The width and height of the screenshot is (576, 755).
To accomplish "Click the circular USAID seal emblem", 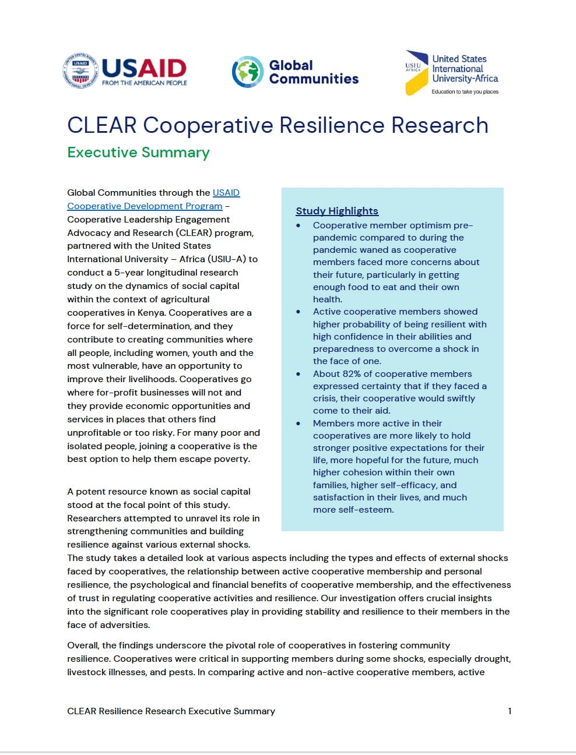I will pos(80,70).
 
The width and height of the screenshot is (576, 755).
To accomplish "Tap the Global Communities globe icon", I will pos(247,72).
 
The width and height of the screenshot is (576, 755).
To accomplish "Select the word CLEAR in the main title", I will pos(101,125).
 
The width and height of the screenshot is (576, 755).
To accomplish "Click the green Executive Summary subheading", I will pos(138,153).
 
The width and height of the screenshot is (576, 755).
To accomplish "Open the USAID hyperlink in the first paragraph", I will pos(226,193).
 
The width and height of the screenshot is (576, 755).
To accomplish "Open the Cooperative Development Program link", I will pos(145,206).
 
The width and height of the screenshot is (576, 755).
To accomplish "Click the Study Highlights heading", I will pos(337,211).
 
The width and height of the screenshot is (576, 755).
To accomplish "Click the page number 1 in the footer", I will pos(510,711).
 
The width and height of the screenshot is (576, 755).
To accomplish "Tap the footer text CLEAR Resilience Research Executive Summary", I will pos(171,711).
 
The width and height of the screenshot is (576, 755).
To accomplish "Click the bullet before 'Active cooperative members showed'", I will pos(298,312).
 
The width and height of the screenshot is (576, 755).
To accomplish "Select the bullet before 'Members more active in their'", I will pos(298,424).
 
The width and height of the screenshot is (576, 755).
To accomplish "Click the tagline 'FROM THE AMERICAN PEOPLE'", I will pos(145,83).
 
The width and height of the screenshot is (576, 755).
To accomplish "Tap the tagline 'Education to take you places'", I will pos(465,91).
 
